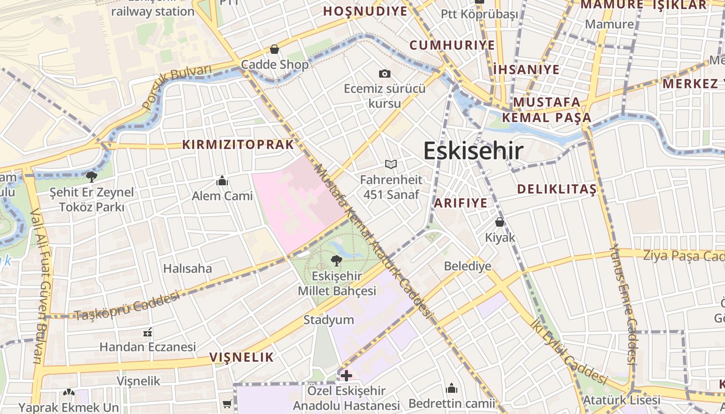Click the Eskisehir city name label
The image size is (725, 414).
pos(473,151)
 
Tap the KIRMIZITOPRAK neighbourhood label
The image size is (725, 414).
pos(238,145)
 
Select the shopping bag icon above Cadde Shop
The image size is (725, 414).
pos(274,49)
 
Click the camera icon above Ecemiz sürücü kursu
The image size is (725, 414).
pos(384,73)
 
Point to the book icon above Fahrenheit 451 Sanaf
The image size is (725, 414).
pos(391,165)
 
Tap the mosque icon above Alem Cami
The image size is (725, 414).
pos(223,181)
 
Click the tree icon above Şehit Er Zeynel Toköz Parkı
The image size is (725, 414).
pos(92,177)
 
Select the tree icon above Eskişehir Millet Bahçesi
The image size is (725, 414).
pos(337,260)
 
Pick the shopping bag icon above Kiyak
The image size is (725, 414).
pos(500,222)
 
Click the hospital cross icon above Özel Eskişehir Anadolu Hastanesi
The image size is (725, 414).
pos(346,375)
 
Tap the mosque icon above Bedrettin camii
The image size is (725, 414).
pos(452,388)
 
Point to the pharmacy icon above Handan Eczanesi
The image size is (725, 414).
pos(148,332)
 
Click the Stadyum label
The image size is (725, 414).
pos(328,320)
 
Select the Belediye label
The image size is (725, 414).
pos(468,267)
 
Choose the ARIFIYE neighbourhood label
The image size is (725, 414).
pos(460,203)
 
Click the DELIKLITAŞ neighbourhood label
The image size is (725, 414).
pos(557,189)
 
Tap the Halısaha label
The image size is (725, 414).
pos(187,268)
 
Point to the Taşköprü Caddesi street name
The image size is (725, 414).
pos(127,306)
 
